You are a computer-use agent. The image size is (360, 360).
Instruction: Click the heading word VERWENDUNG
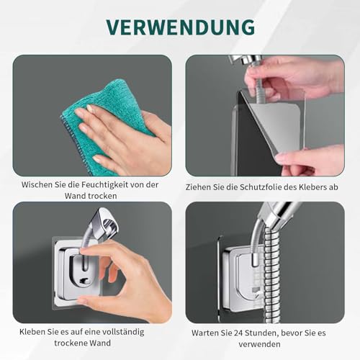pyautogui.click(x=180, y=26)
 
